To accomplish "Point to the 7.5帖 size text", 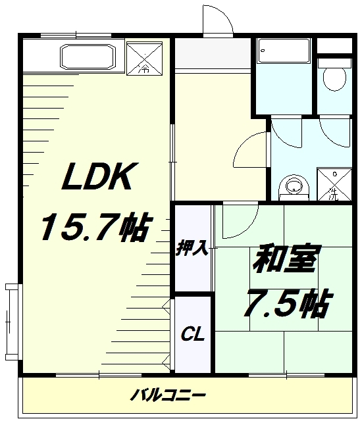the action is tap(288, 303).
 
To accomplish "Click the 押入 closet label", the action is tap(193, 249).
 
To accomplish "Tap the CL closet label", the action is tap(193, 334).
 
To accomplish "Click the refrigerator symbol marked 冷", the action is tap(145, 59).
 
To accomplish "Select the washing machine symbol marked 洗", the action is tap(334, 184).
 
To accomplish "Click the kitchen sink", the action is tap(88, 57).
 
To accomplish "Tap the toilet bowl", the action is tap(334, 78).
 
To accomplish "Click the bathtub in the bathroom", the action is tap(284, 51).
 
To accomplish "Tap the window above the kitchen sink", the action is tap(76, 35).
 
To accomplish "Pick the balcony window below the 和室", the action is tap(287, 375).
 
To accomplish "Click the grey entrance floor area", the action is tap(213, 54).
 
